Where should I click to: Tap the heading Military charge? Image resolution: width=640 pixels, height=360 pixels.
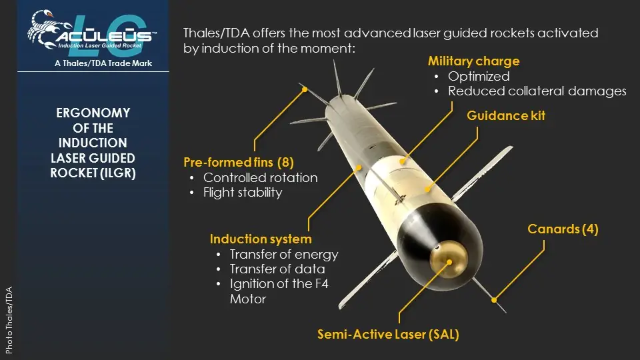click(473, 61)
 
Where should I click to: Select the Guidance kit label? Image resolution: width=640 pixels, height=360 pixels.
click(506, 115)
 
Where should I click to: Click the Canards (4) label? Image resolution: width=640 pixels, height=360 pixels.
click(563, 229)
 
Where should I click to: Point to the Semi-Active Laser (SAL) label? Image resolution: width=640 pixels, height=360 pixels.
click(388, 334)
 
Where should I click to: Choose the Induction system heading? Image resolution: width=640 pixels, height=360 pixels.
click(261, 239)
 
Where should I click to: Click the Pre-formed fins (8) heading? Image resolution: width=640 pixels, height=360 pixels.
click(239, 163)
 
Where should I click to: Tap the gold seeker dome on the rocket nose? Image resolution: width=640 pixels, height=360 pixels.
click(449, 259)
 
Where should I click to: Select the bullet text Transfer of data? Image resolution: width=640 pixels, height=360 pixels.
click(277, 269)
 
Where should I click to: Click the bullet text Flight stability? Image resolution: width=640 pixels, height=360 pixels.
click(243, 192)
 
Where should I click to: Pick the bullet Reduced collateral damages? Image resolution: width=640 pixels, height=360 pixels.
click(537, 91)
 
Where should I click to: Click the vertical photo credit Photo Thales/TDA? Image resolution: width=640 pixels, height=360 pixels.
click(9, 320)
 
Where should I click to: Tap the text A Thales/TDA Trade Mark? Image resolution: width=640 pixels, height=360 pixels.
click(103, 63)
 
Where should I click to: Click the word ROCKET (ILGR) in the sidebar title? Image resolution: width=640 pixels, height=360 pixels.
click(93, 173)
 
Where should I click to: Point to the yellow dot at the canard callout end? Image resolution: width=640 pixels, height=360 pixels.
click(494, 300)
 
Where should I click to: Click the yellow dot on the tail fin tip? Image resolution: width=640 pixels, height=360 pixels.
click(305, 89)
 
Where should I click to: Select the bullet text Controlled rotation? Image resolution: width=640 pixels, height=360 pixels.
click(261, 177)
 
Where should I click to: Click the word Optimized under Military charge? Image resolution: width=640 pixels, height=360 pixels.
click(479, 76)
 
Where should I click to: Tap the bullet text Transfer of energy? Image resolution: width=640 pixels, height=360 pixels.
click(284, 254)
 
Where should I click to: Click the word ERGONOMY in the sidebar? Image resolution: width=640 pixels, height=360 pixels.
click(93, 113)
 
